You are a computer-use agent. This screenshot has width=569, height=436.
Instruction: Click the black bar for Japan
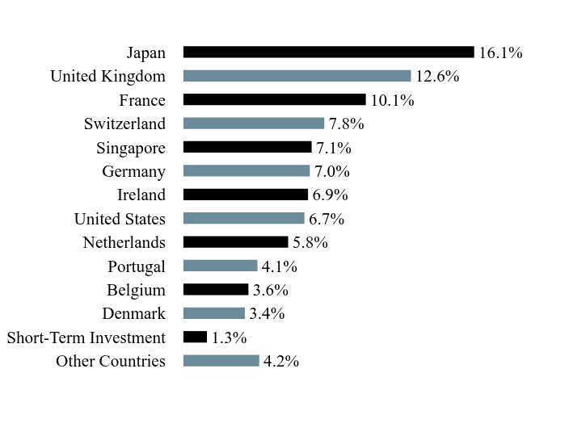(x=329, y=52)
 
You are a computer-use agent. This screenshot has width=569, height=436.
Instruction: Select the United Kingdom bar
(x=297, y=76)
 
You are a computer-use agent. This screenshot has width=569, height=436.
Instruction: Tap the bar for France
(x=275, y=99)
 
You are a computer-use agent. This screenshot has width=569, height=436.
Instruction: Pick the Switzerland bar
(x=254, y=124)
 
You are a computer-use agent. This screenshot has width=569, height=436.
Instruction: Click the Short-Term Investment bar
(x=196, y=337)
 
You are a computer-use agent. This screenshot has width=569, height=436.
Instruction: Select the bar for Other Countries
(x=221, y=361)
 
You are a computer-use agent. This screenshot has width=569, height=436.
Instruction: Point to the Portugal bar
(x=221, y=266)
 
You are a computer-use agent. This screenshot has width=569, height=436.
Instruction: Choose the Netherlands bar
(x=236, y=241)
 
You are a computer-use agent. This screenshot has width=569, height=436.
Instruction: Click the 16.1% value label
(x=501, y=52)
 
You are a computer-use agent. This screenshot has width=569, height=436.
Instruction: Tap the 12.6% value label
(x=437, y=77)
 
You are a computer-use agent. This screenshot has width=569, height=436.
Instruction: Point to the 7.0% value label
(x=332, y=171)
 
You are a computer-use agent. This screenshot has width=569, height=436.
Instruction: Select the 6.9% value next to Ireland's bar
(x=331, y=195)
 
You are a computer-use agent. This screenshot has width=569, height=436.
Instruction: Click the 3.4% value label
(x=267, y=313)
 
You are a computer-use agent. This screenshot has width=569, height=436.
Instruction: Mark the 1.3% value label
(x=230, y=337)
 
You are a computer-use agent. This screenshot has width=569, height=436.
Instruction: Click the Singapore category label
(x=131, y=149)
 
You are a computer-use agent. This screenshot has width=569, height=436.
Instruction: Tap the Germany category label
(x=134, y=172)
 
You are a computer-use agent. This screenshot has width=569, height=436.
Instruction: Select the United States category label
(x=120, y=219)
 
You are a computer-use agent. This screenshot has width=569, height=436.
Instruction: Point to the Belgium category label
(x=136, y=291)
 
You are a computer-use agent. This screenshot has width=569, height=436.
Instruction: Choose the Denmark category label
(x=134, y=313)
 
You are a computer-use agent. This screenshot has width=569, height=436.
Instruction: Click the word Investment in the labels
(x=128, y=337)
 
